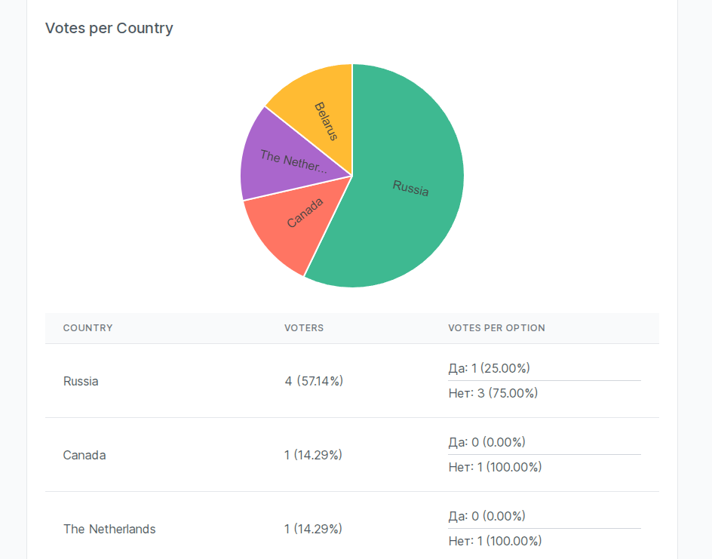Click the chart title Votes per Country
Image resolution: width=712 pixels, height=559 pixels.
click(x=109, y=29)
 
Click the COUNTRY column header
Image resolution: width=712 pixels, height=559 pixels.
click(x=88, y=328)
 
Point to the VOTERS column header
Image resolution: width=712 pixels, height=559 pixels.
click(x=304, y=328)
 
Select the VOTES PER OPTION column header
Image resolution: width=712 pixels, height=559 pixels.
click(x=496, y=328)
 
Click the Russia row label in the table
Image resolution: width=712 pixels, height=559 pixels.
click(x=81, y=381)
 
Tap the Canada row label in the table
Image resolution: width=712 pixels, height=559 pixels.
click(x=84, y=455)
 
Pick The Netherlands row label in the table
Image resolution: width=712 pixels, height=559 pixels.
click(x=109, y=529)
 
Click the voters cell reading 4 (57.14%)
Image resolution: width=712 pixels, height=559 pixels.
click(x=314, y=381)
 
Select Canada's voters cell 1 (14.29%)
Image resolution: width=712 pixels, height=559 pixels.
click(x=313, y=455)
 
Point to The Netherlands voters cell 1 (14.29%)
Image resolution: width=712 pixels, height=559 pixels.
click(x=313, y=529)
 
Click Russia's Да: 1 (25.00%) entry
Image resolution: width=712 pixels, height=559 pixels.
click(x=489, y=368)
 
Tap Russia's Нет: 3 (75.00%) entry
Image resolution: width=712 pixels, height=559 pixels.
click(x=493, y=393)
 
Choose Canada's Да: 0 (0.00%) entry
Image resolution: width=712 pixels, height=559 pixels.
click(x=486, y=442)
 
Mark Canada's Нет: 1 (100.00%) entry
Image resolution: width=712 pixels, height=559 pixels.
click(x=495, y=467)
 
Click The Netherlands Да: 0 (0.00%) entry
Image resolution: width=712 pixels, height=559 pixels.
click(x=486, y=516)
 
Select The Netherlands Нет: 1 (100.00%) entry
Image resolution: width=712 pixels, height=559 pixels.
click(x=495, y=541)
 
